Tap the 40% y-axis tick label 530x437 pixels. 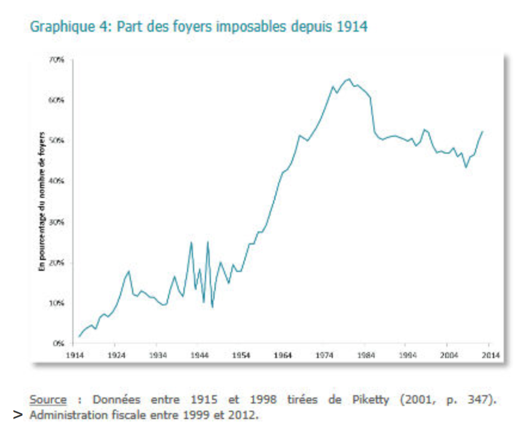click(x=58, y=181)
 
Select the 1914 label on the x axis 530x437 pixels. click(x=75, y=355)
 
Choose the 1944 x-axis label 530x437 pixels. click(x=199, y=355)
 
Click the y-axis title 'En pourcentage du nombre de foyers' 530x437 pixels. click(x=42, y=201)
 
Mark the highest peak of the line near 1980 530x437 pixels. click(x=348, y=78)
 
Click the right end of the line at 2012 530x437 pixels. click(x=482, y=131)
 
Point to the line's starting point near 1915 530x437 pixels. click(x=79, y=337)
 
